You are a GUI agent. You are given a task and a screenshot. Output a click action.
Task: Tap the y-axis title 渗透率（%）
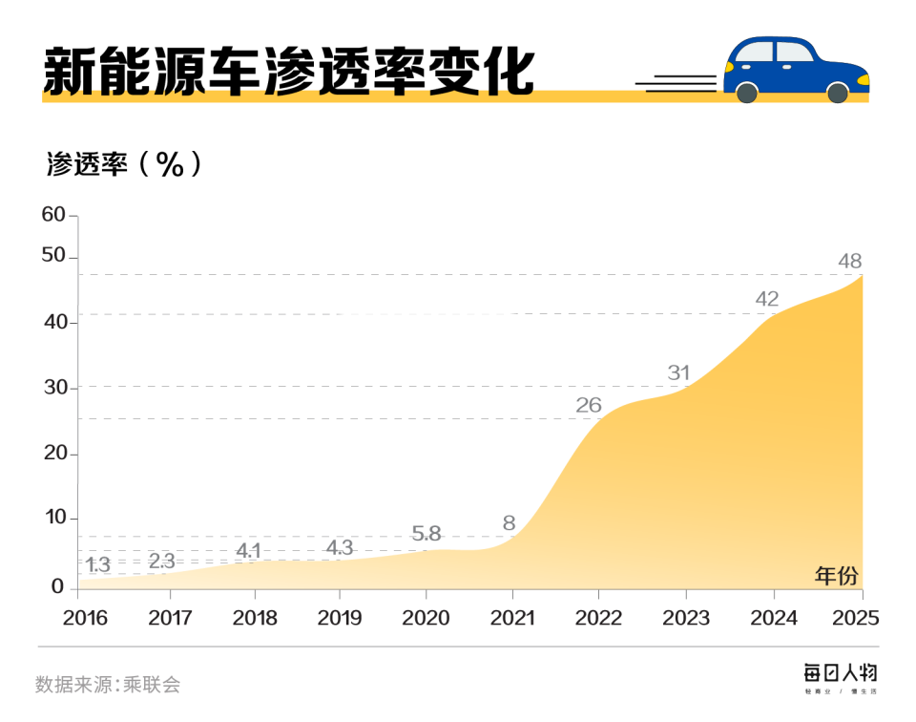(x=124, y=164)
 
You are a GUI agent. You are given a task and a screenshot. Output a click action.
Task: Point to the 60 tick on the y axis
(x=53, y=215)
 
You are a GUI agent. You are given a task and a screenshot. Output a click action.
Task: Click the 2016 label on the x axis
(x=85, y=618)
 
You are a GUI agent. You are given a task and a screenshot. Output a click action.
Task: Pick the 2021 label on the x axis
(x=513, y=618)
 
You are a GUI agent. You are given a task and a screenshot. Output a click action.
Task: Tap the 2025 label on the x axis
(x=855, y=618)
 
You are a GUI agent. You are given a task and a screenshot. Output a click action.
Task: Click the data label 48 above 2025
(x=850, y=260)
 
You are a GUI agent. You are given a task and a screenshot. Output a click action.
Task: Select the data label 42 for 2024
(x=767, y=299)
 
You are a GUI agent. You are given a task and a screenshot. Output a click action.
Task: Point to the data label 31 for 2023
(x=678, y=372)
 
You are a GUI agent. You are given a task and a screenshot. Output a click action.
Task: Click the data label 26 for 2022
(x=589, y=405)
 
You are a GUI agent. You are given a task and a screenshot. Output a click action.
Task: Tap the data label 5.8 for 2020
(x=426, y=534)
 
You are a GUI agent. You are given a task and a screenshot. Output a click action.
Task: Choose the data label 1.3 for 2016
(x=97, y=564)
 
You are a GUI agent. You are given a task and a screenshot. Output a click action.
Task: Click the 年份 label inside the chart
(x=836, y=576)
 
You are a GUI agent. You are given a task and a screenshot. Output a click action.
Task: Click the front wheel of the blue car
(x=837, y=93)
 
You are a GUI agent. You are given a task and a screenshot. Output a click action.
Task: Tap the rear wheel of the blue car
(x=747, y=93)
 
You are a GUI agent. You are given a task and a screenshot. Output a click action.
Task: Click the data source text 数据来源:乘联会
(x=108, y=685)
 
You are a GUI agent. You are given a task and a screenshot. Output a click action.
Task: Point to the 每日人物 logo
(x=839, y=673)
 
